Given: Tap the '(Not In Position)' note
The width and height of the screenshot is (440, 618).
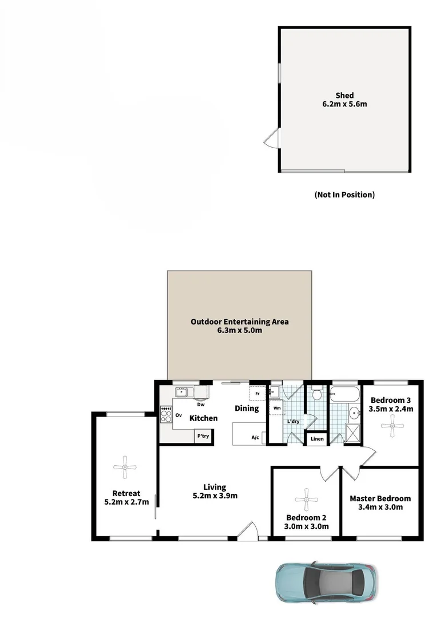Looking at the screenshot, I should pos(344,195).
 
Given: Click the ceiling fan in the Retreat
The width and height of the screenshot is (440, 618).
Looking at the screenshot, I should pos(125,468).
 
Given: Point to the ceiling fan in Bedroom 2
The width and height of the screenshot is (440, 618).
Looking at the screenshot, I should pos(306,499).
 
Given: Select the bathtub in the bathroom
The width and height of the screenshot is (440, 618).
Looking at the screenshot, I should pos(345,394).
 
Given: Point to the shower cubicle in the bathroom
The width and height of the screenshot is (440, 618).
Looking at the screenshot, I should pos(354,434).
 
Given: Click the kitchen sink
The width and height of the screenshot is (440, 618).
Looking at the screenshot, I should pos(182,393).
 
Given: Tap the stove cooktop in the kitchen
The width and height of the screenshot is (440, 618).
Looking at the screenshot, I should pos(167,414).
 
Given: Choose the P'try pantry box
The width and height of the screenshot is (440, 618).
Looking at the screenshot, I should pos(202,435).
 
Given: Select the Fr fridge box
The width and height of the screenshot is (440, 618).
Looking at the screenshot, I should pos(257,394).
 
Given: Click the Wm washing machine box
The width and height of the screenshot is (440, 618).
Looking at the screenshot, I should pos(277,409).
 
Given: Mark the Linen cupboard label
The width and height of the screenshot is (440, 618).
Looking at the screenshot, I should pos(317,439).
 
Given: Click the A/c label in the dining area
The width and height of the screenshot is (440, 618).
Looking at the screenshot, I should pos(256,438).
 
